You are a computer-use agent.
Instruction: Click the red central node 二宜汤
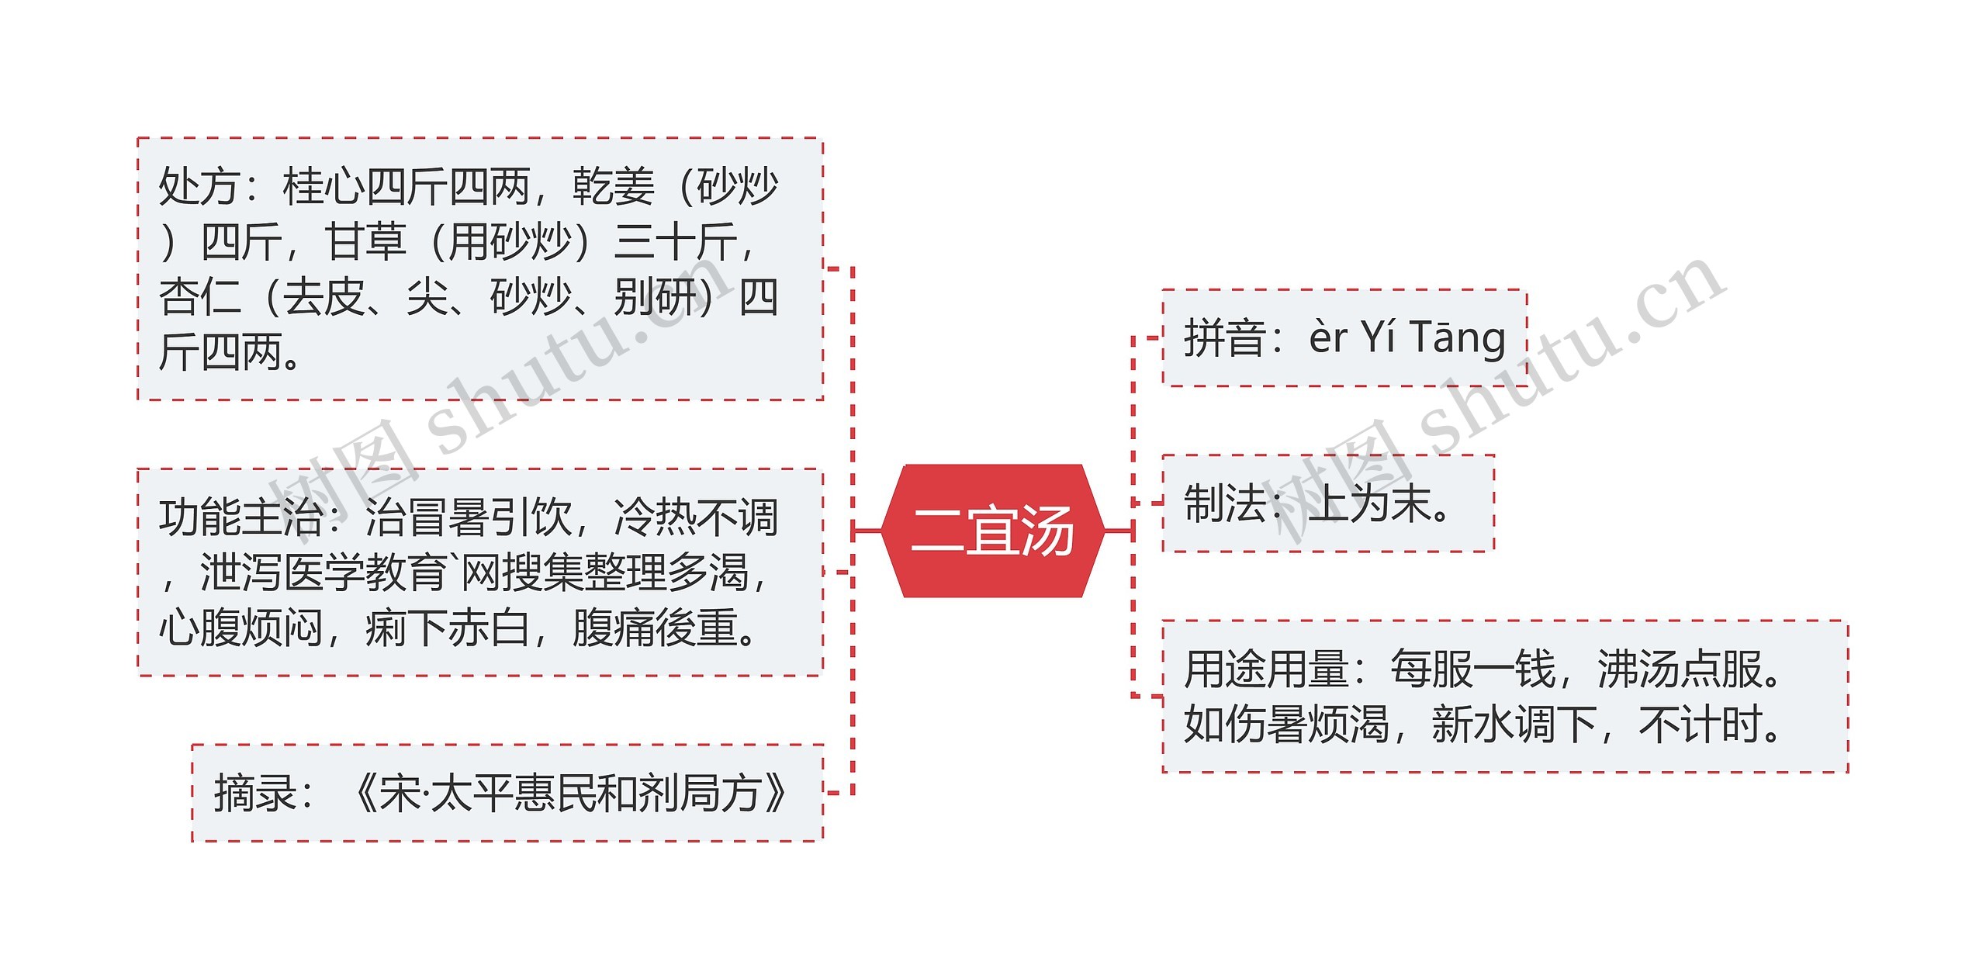(993, 531)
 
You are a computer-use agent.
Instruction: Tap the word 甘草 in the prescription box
(365, 242)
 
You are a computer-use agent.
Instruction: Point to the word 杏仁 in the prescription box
(199, 298)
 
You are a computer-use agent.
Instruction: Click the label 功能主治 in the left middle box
(240, 517)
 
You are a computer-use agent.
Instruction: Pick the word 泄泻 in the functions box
(240, 573)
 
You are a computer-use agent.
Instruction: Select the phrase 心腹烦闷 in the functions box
(240, 628)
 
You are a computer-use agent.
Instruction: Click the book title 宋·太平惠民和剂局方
(570, 794)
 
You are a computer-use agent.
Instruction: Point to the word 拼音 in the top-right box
(1224, 338)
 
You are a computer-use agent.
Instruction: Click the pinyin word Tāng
(1457, 338)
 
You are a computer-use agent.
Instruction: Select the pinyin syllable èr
(1328, 338)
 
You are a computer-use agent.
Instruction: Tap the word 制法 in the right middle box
(1224, 504)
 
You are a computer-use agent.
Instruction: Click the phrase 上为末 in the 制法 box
(1369, 504)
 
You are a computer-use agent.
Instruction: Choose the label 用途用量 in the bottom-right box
(1266, 669)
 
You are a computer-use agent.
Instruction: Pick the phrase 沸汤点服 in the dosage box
(1679, 669)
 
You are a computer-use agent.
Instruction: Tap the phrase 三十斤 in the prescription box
(675, 242)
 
